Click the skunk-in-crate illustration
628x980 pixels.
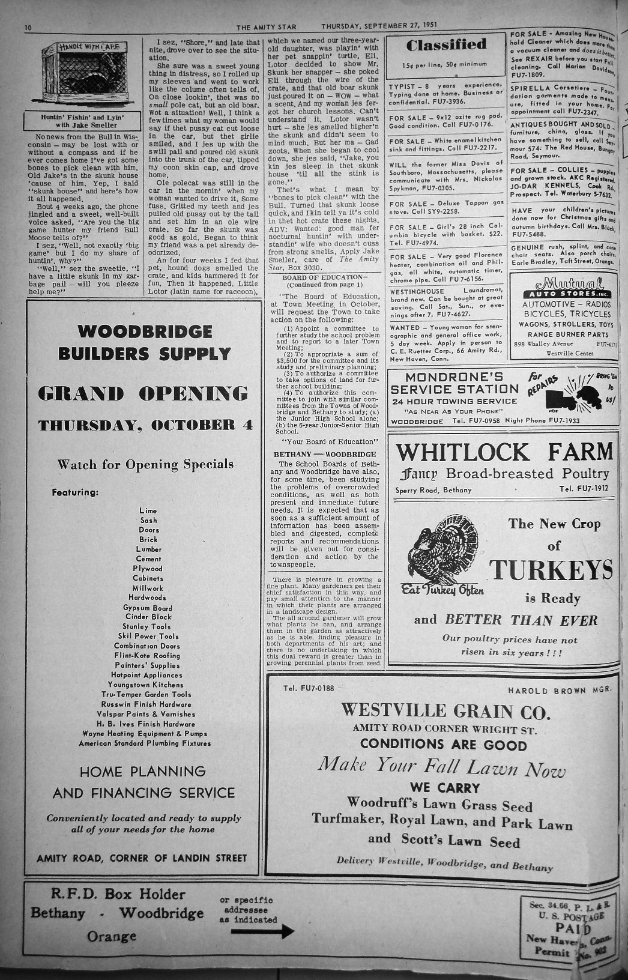coord(83,74)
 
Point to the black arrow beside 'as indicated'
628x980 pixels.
coord(262,931)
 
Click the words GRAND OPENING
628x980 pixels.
coord(143,394)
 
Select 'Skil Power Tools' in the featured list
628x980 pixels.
coord(148,636)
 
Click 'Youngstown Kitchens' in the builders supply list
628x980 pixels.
coord(146,685)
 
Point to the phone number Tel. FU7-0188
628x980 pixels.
coord(309,688)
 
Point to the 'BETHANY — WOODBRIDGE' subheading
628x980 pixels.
coord(325,455)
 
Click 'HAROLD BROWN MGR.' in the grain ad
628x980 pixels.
coord(559,691)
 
